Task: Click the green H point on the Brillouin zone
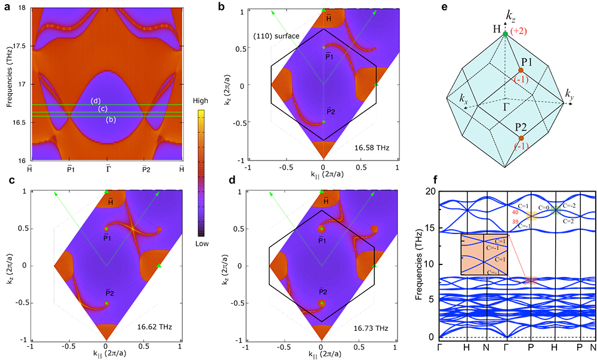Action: tap(505, 33)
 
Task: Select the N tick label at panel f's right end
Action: tap(593, 347)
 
